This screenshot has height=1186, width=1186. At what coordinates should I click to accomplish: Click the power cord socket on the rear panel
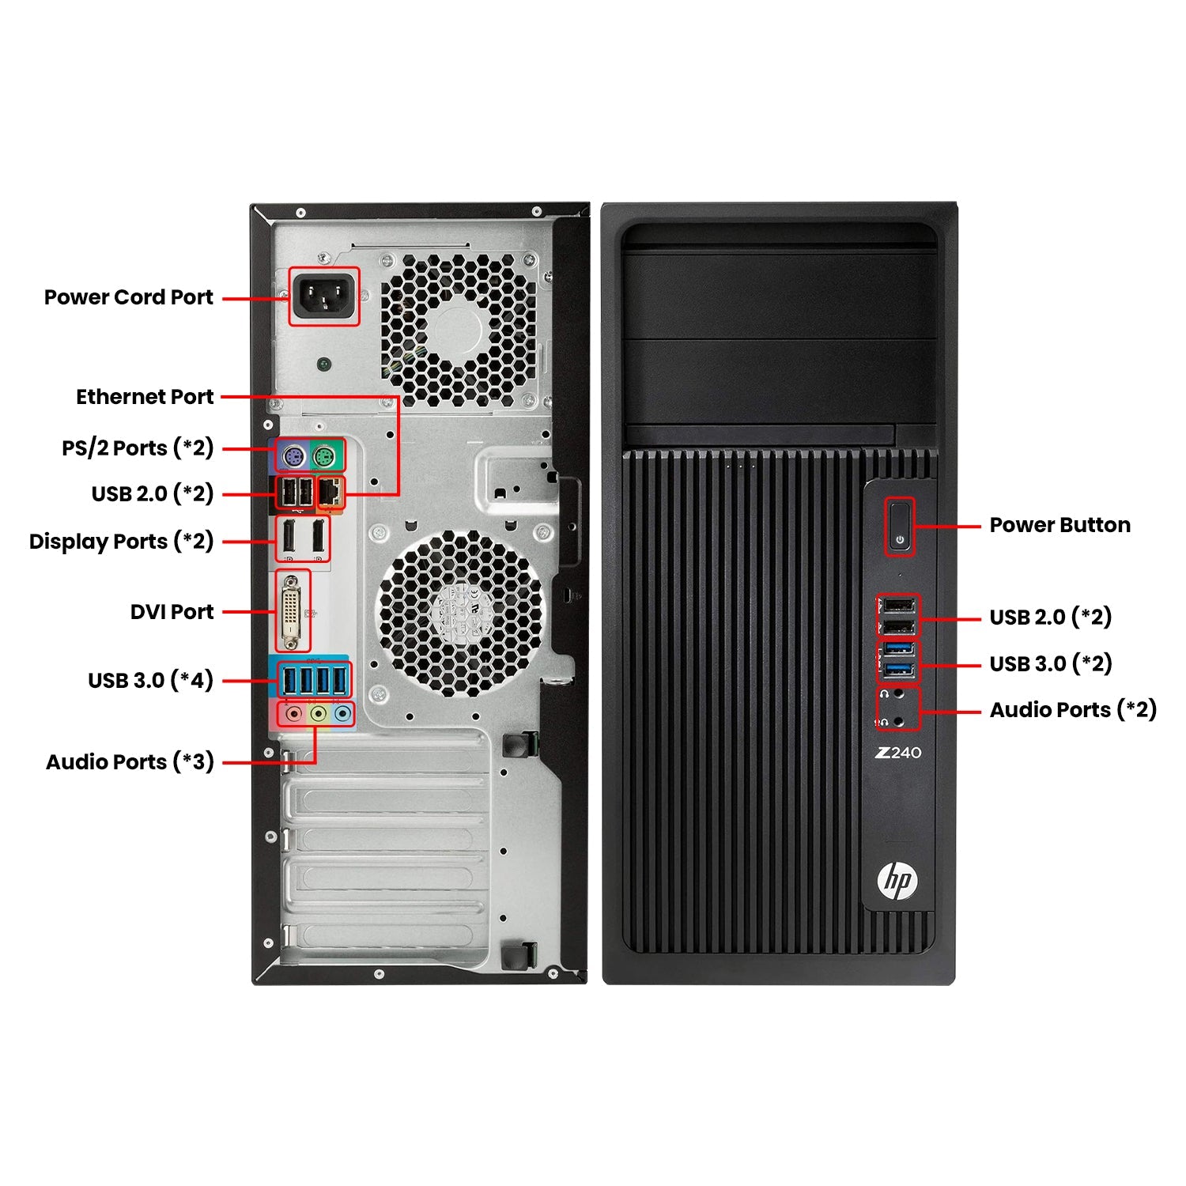point(323,296)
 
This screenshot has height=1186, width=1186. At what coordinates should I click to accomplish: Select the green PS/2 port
point(324,456)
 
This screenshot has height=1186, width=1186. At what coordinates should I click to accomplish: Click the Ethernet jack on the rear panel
point(330,493)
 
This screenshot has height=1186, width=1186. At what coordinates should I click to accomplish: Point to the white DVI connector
point(293,611)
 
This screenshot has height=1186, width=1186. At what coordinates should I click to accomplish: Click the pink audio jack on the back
point(294,714)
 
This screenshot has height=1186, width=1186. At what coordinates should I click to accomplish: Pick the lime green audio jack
point(318,714)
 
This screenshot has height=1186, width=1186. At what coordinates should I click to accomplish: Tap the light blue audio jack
point(342,714)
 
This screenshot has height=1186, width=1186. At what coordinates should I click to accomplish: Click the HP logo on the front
point(897,881)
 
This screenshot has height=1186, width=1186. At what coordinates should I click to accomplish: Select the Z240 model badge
point(898,753)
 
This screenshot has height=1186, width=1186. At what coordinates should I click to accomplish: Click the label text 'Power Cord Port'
point(129,297)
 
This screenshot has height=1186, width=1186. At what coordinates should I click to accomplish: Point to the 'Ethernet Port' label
point(145,397)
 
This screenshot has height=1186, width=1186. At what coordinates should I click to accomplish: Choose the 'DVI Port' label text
point(172,612)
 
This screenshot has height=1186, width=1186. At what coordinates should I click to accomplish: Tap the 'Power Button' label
point(1060,525)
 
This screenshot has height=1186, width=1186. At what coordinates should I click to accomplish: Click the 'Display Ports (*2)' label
point(122,542)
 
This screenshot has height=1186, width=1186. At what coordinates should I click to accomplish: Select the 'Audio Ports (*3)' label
point(130,762)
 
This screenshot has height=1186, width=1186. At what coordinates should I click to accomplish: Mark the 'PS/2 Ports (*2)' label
point(138,448)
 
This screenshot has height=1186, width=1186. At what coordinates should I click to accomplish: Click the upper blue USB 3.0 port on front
point(897,649)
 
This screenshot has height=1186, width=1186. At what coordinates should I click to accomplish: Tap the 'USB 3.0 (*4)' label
point(151,681)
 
